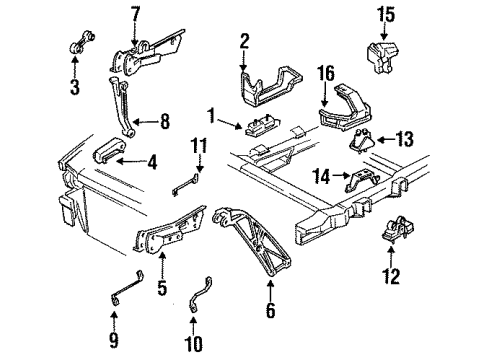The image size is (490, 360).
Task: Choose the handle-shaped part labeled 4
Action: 108,153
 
